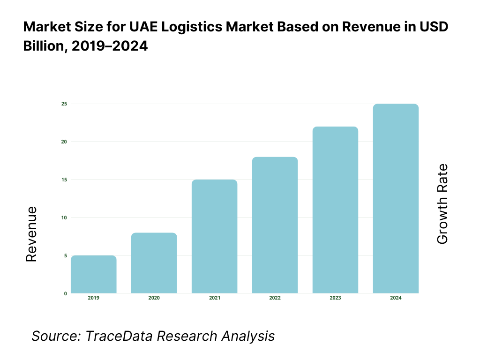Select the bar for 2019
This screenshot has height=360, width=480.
(x=93, y=274)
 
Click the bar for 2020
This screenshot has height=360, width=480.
(x=154, y=263)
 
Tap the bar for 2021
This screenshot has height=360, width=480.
(x=214, y=236)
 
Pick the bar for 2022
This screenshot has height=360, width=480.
(x=275, y=225)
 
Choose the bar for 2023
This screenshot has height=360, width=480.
(x=335, y=210)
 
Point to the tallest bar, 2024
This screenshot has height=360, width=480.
(x=396, y=198)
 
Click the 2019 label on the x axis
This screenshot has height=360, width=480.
(x=93, y=298)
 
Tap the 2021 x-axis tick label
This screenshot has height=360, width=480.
(x=214, y=298)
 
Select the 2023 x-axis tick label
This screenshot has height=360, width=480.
(x=335, y=298)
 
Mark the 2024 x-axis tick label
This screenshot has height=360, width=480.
(x=396, y=298)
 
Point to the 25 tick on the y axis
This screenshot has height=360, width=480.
(x=64, y=104)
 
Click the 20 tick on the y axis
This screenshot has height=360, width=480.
(x=64, y=142)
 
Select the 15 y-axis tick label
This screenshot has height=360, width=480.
(x=64, y=180)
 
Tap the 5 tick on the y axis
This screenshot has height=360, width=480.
(x=65, y=255)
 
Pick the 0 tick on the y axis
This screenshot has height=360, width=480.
(x=65, y=293)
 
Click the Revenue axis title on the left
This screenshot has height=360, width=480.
(x=31, y=234)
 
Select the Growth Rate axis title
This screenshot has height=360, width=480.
(x=442, y=204)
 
